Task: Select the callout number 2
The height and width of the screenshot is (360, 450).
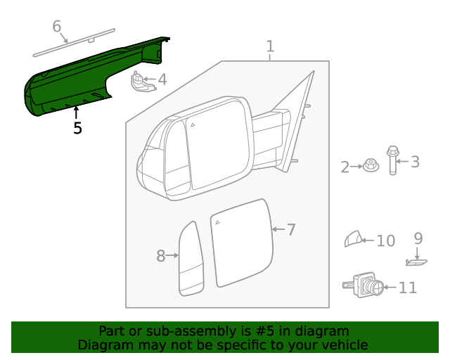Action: pos(345,167)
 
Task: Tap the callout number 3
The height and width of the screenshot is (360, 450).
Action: pos(415,162)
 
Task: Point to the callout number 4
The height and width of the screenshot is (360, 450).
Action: pos(162,79)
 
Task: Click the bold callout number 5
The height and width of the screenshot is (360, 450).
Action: pos(77,128)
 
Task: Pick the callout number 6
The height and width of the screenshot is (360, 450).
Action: pos(57,27)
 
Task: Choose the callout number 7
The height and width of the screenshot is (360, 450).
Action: pos(290,229)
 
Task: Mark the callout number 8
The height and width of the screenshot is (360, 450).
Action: pos(161,256)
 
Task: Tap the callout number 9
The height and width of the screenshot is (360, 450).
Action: pos(418,238)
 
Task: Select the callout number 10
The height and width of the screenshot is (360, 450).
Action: pos(385,241)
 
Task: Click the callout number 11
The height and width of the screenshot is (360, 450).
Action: pos(407,288)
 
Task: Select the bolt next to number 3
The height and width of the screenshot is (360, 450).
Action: pos(392,160)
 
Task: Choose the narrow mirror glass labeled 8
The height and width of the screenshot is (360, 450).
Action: pos(190,259)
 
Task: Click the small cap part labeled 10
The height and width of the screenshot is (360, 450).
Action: pos(353,240)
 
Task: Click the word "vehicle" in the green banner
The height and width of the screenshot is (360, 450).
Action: pos(342,345)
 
